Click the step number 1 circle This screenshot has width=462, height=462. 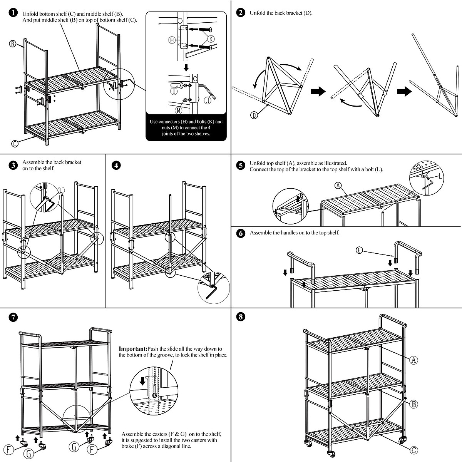click(x=13, y=13)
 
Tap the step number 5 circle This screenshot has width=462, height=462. click(x=241, y=166)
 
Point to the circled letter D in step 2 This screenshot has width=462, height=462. click(x=254, y=115)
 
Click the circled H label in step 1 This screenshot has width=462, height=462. click(x=172, y=40)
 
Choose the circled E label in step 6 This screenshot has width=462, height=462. click(x=359, y=250)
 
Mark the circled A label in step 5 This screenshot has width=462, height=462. click(x=338, y=186)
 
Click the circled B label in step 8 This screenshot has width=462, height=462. click(x=413, y=404)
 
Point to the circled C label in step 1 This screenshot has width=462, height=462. click(x=15, y=144)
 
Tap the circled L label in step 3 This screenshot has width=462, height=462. click(x=61, y=190)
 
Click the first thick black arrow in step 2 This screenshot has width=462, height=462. click(x=318, y=92)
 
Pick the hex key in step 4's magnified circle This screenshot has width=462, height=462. click(x=212, y=293)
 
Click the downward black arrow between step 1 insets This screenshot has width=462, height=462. click(x=186, y=68)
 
